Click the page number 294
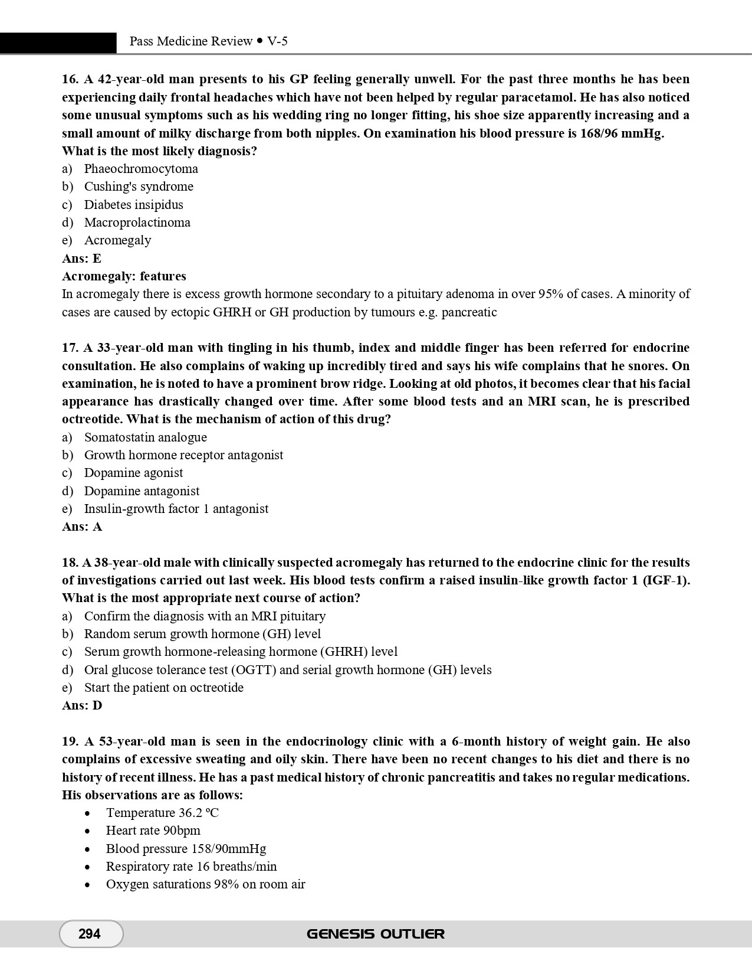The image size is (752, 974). coord(90,934)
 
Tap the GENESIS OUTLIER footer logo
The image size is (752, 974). coord(376,934)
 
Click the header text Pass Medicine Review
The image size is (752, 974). coord(191,41)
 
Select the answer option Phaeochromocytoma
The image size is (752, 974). coord(141,169)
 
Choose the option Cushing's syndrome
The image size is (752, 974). coord(139,187)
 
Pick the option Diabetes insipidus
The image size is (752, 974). coord(133,205)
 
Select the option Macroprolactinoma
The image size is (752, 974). coord(137,223)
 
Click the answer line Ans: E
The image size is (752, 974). coord(81,259)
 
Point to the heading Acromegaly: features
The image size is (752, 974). coord(124,276)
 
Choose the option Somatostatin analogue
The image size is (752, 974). coord(145,437)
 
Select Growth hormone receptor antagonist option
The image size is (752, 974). coord(183,455)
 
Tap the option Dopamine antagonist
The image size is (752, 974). coord(142,491)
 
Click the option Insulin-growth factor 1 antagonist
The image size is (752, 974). coord(176,509)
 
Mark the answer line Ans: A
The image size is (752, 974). coord(82,527)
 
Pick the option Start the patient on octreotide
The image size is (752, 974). coord(163,688)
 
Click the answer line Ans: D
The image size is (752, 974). coord(82,705)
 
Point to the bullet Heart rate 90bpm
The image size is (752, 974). coord(153,831)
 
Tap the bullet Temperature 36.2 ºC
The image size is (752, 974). coord(162,813)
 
